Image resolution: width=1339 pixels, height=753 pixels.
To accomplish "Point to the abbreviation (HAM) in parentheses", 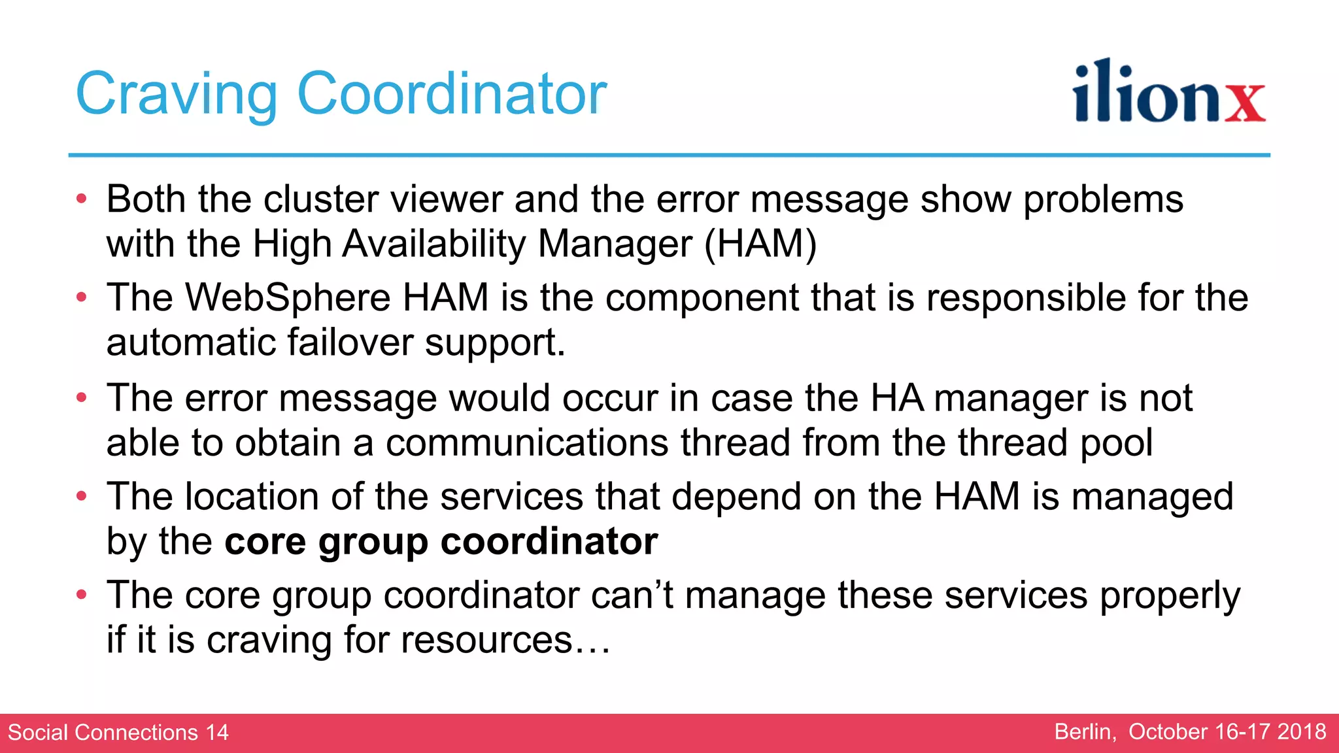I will point(760,244).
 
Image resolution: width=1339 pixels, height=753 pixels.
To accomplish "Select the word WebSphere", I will point(288,297).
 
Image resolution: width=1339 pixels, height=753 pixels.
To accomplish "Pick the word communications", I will point(527,443).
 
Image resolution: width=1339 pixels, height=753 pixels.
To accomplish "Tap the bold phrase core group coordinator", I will point(441,541).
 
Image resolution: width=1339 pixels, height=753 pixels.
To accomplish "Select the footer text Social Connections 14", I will point(118,732).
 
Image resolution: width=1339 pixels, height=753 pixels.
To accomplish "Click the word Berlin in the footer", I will point(1085,731).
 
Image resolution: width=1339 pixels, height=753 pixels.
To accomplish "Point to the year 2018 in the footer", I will point(1302,731).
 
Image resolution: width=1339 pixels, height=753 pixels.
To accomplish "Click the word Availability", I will point(433,244).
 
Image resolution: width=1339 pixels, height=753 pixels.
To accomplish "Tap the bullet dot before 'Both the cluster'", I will point(81,199).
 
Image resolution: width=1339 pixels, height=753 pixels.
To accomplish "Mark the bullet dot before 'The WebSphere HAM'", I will point(81,297).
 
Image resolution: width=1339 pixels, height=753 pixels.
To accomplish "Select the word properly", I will point(1170,595).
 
